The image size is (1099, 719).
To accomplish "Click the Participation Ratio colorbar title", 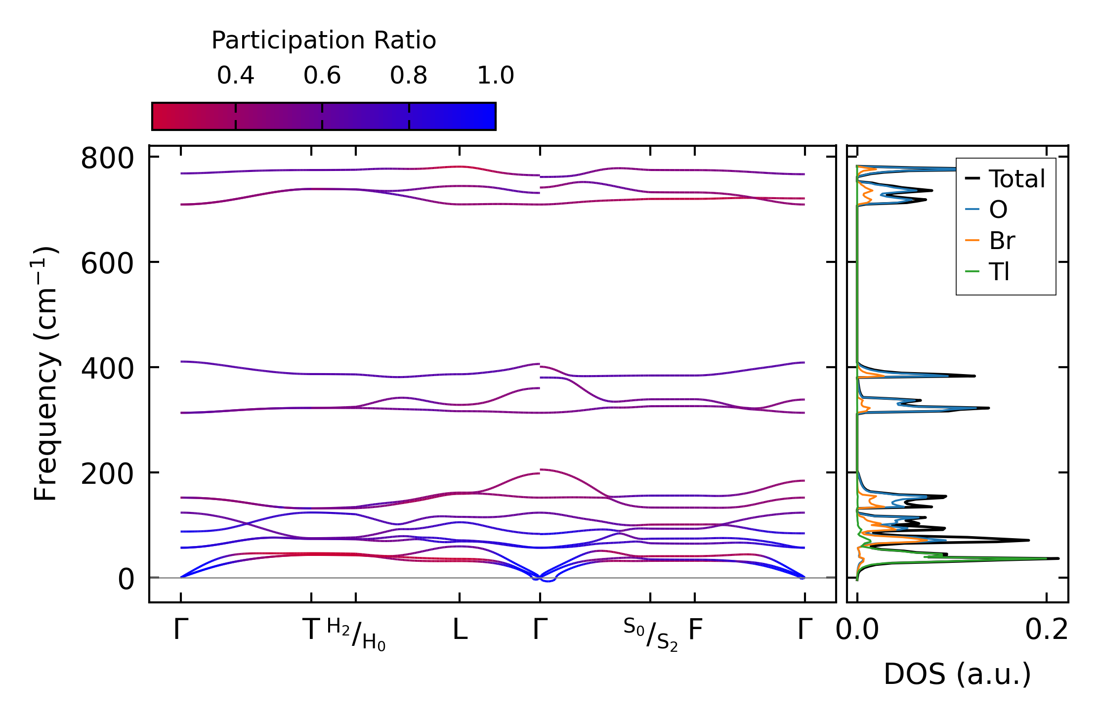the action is click(324, 41).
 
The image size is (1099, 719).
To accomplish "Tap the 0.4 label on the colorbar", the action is click(236, 76).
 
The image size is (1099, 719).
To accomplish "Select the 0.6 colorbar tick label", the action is click(322, 76).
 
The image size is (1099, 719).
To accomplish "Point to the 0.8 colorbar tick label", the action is click(409, 76).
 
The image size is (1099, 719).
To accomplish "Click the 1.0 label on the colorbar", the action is click(496, 76).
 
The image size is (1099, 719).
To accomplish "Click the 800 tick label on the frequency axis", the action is click(107, 159).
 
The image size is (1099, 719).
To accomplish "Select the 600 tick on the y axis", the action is click(107, 264).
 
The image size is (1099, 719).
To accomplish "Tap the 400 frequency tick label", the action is click(107, 369).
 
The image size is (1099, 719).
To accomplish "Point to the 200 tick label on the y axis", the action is click(107, 474).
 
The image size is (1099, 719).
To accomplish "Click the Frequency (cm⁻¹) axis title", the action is click(45, 374).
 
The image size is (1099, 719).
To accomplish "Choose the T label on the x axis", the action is click(312, 630).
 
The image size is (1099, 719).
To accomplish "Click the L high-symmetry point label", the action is click(460, 630).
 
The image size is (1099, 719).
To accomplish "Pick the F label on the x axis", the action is click(695, 630).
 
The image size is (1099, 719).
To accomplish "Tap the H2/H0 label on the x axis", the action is click(356, 634).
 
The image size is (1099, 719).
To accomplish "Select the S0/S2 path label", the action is click(650, 634).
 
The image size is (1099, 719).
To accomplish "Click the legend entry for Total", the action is click(1005, 179).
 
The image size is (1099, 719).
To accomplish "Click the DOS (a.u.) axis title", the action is click(958, 674).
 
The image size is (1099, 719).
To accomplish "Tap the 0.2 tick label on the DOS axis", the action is click(1047, 630).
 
